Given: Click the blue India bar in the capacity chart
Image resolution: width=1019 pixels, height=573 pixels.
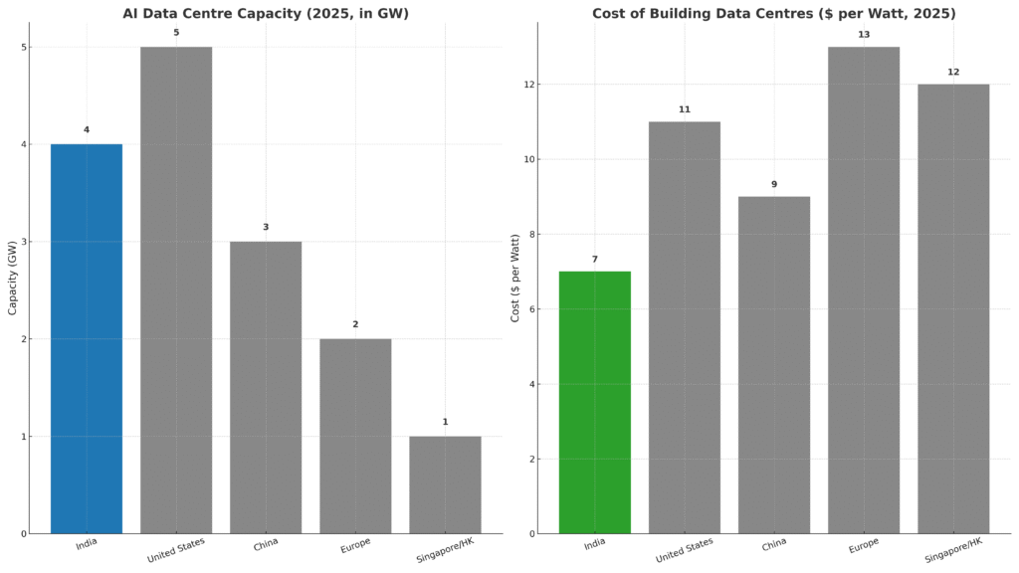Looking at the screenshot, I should click(x=87, y=338).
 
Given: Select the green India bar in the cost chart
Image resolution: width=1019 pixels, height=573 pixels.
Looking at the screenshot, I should click(x=594, y=402).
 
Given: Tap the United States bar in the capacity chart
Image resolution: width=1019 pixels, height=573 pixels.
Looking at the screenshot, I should click(x=176, y=289).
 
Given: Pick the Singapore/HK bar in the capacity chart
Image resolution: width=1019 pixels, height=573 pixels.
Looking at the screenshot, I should click(x=445, y=484).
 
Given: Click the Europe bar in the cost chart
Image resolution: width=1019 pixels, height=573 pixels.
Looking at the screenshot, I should click(x=864, y=289).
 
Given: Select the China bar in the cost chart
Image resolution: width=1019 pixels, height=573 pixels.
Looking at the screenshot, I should click(x=774, y=364).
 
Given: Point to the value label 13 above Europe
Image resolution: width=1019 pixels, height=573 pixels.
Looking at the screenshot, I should click(x=864, y=35).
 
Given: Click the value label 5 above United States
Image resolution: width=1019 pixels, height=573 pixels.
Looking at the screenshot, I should click(x=176, y=33).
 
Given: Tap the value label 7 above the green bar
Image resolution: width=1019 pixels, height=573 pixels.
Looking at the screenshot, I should click(x=594, y=260).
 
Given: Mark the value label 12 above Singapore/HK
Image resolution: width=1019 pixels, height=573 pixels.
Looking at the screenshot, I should click(x=953, y=72).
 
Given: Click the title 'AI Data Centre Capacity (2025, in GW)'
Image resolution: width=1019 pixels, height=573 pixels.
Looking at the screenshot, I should click(x=266, y=13).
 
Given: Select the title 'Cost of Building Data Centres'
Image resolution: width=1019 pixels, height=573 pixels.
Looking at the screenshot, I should click(x=773, y=13).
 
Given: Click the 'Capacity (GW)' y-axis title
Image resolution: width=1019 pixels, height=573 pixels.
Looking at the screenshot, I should click(x=13, y=277).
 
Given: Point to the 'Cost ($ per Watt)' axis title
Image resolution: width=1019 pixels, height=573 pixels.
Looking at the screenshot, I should click(x=515, y=277).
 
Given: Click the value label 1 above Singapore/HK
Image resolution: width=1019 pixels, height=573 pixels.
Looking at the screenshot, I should click(x=445, y=422).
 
